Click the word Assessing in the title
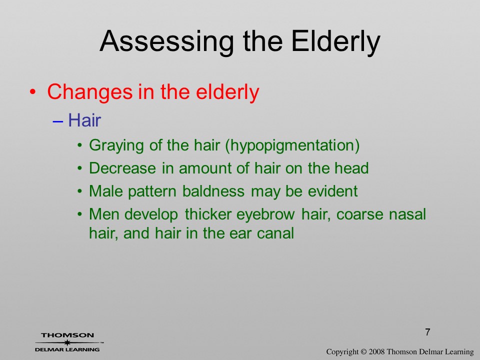click(x=167, y=42)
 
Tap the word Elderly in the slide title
click(x=335, y=42)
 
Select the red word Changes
click(x=90, y=92)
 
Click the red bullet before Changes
click(x=33, y=92)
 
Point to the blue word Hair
click(x=84, y=120)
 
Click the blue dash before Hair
click(x=58, y=121)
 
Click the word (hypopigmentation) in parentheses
click(x=292, y=145)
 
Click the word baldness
click(x=213, y=191)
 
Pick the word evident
click(x=333, y=191)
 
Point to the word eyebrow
click(x=265, y=214)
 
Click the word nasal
click(x=407, y=214)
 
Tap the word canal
click(x=275, y=233)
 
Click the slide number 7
click(x=427, y=332)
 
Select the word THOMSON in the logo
click(x=67, y=335)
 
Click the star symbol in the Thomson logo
click(x=67, y=342)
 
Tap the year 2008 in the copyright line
click(x=376, y=352)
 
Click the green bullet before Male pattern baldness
click(x=80, y=191)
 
